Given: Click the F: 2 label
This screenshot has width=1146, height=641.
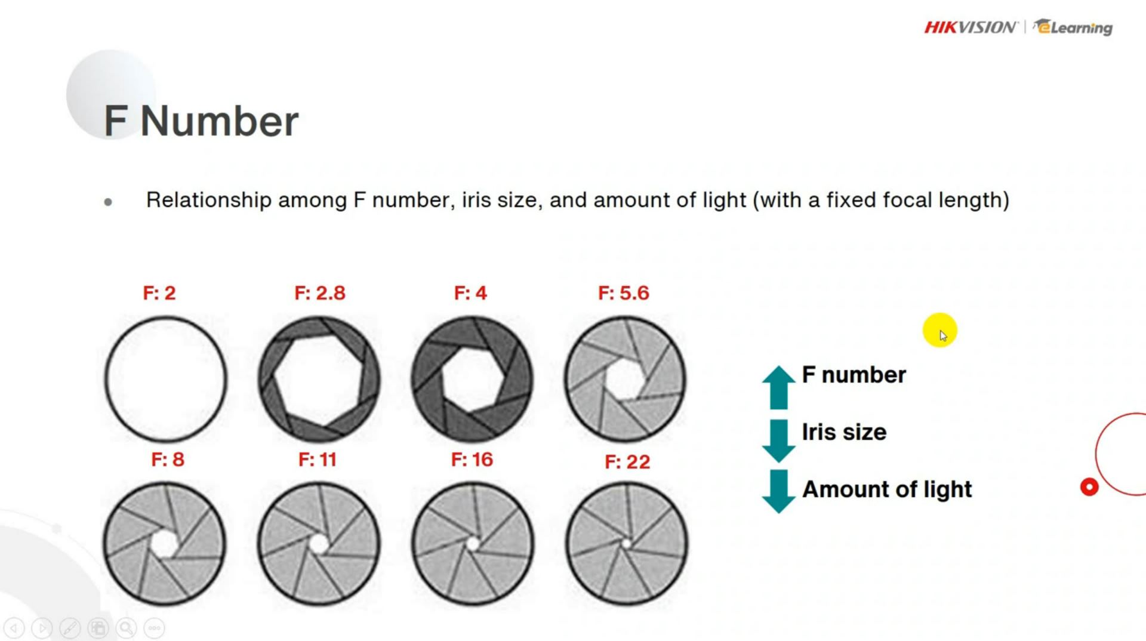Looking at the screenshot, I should [x=159, y=293].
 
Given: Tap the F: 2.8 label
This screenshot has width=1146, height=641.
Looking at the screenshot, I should [x=320, y=293].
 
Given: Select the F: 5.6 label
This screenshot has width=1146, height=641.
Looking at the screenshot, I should [x=624, y=293].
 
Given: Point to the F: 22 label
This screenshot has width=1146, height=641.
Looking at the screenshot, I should [x=627, y=462].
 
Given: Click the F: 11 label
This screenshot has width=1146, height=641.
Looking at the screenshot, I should [x=318, y=460].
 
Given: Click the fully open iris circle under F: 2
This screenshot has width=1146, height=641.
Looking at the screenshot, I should [x=166, y=379].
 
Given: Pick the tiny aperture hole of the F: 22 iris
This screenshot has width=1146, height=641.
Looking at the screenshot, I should [x=627, y=543].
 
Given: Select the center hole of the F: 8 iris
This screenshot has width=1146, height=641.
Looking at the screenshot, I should [x=164, y=544].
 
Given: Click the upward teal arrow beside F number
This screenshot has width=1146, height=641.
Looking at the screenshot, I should [x=778, y=387].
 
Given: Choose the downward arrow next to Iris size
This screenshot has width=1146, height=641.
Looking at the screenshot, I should [x=778, y=440].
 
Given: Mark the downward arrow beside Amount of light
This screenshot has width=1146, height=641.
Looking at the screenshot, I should [x=778, y=491].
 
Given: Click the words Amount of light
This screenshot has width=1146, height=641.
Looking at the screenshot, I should [x=887, y=489].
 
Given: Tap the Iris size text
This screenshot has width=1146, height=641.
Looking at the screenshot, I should [x=844, y=432].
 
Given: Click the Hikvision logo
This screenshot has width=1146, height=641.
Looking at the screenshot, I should [x=971, y=27].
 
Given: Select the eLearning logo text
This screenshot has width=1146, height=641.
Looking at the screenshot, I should [x=1075, y=27].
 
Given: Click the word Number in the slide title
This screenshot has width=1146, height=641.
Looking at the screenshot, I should [x=219, y=121].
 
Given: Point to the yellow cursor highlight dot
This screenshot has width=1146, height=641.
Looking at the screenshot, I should [x=939, y=330].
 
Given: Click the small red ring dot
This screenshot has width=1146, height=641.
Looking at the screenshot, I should [x=1089, y=487].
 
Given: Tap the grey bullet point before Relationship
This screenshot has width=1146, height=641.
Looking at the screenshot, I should [x=108, y=202].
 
